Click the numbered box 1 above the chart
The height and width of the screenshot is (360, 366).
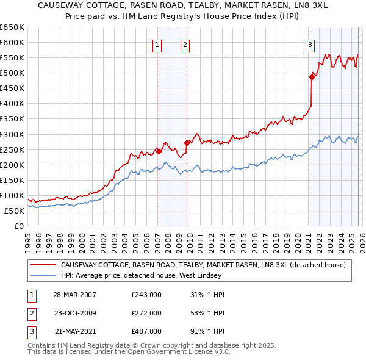coord(157,44)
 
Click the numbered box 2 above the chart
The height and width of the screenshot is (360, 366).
coord(184,44)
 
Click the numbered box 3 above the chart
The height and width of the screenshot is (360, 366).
coord(310,44)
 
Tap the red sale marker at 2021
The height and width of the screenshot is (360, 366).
coord(312,76)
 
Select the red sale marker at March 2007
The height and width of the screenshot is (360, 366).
coord(159,151)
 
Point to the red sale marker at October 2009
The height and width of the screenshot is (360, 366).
coord(187,143)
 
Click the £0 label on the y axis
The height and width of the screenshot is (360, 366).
coord(18,226)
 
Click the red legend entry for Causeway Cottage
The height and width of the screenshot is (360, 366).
coord(203,265)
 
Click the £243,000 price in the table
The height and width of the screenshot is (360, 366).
coord(146,295)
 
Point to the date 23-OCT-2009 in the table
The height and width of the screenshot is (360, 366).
coord(75,313)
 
